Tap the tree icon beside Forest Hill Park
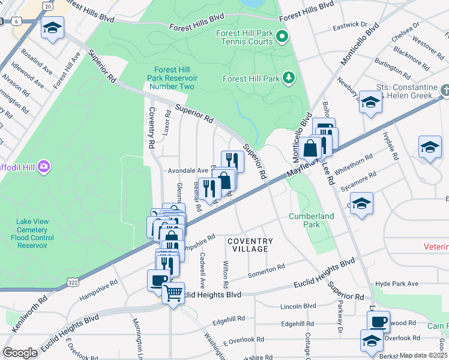[x=289, y=78]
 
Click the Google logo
[x=20, y=352]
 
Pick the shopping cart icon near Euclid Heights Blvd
[x=173, y=293]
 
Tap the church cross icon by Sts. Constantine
[x=445, y=91]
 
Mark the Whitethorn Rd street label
[x=355, y=164]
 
